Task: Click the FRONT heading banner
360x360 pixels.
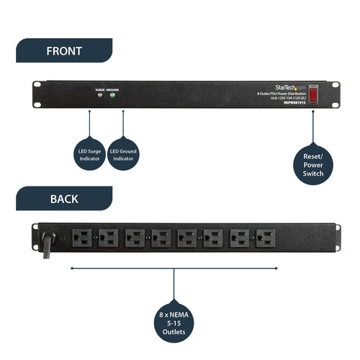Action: (x=63, y=51)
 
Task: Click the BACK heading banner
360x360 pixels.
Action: (x=63, y=198)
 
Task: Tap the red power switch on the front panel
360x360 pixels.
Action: (x=313, y=94)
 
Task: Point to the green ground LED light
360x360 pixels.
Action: (x=112, y=98)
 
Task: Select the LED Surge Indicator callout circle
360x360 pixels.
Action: (x=89, y=156)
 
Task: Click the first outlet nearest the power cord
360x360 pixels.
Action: (x=81, y=238)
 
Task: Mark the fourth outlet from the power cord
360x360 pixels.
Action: (x=161, y=238)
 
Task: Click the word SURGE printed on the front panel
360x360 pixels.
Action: (x=99, y=91)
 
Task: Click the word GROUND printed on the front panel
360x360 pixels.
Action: (x=113, y=91)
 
